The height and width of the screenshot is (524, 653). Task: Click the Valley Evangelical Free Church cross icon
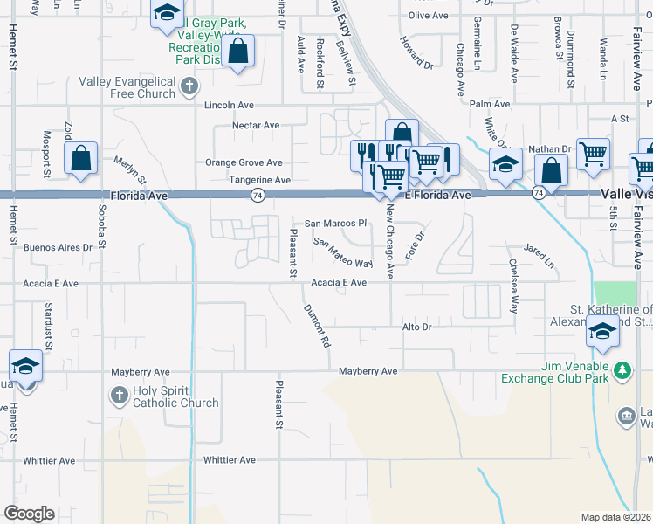pos(190,86)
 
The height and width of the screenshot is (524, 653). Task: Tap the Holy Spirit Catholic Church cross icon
pos(119,396)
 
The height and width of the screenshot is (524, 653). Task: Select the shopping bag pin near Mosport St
pos(80,159)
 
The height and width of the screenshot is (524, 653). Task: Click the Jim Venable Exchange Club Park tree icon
pos(622,371)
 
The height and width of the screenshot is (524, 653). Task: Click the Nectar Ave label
pos(255,126)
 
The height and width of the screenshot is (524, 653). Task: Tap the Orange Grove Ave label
pos(244,162)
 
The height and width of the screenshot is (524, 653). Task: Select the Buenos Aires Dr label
pos(58,248)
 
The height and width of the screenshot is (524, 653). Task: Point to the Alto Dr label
pos(416,327)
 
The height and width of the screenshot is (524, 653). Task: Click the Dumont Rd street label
pos(317,327)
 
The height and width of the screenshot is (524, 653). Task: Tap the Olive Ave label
pos(428,16)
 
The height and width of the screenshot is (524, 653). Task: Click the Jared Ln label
pos(539,256)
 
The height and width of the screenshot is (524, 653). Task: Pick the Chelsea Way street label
pos(514,286)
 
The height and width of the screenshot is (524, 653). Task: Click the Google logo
pos(29,513)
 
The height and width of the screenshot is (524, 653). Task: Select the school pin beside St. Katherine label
pos(602,333)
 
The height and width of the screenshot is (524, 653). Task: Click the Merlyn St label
pos(130,169)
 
